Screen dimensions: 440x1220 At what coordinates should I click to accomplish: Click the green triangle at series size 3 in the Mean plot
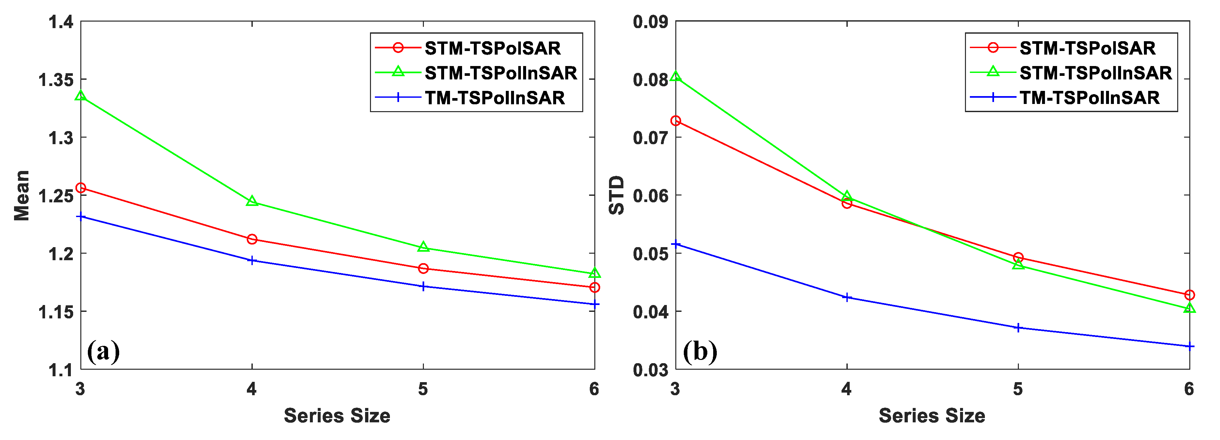click(81, 96)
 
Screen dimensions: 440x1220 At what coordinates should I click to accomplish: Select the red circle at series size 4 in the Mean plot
click(252, 239)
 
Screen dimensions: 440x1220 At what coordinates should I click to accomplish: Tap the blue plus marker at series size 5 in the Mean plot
click(423, 286)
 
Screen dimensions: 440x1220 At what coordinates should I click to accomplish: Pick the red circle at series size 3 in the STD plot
click(676, 121)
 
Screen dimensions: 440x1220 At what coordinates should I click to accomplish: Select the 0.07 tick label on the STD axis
click(650, 138)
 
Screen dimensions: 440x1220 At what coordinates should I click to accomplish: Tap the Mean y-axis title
click(22, 195)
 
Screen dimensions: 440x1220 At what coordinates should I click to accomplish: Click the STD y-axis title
click(617, 195)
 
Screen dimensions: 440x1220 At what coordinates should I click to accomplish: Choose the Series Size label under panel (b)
click(932, 416)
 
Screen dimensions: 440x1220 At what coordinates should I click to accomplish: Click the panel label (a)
click(103, 351)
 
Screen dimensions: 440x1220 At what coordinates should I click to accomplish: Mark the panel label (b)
click(699, 351)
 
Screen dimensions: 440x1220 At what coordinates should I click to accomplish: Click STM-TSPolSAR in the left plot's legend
click(492, 48)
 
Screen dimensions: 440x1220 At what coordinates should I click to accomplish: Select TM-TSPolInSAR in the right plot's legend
click(1089, 98)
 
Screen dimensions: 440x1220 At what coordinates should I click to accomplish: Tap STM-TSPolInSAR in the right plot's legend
click(1096, 73)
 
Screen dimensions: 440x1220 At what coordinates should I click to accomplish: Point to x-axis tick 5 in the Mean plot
click(423, 389)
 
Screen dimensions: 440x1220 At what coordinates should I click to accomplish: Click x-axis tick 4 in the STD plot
click(847, 389)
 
